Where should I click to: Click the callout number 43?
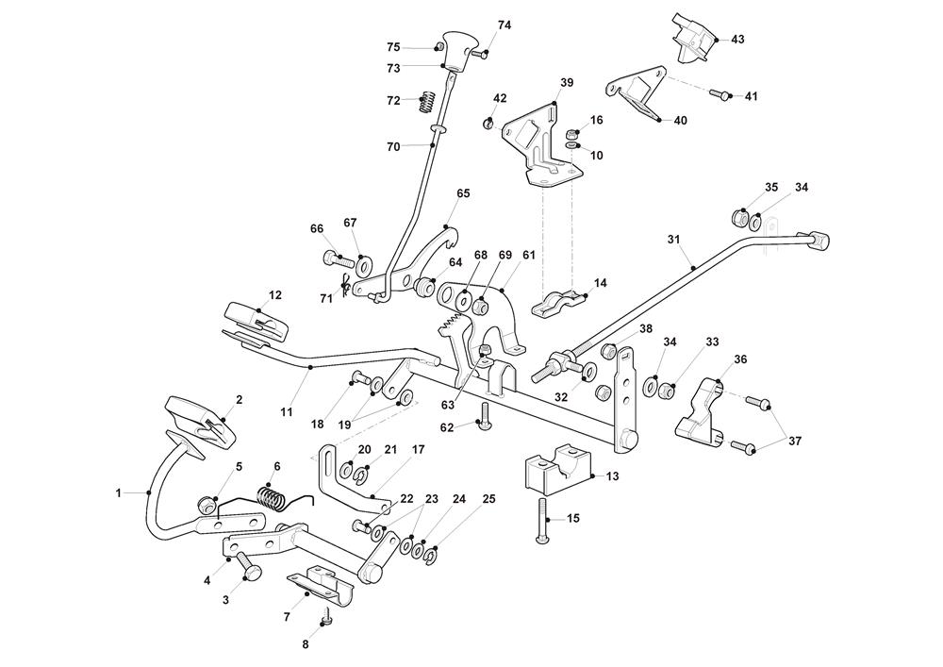[x=737, y=39]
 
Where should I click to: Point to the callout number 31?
[x=674, y=240]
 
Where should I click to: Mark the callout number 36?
[x=740, y=359]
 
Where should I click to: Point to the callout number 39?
[x=566, y=83]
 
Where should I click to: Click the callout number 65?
[x=463, y=192]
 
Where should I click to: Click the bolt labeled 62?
[x=484, y=416]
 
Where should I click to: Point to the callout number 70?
[x=393, y=146]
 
